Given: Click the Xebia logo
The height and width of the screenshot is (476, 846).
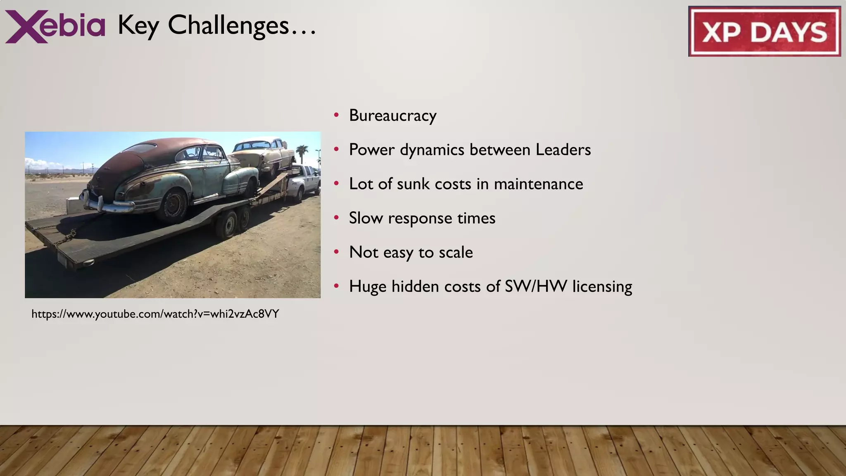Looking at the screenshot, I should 55,26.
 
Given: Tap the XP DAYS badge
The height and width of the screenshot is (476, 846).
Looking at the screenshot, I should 764,31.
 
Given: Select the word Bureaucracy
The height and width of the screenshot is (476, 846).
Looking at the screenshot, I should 392,115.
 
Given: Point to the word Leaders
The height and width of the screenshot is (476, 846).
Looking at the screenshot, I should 563,150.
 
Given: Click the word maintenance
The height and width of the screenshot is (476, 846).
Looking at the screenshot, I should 538,184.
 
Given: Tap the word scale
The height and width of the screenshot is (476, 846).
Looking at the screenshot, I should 456,252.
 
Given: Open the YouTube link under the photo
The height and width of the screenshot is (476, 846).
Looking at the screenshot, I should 155,314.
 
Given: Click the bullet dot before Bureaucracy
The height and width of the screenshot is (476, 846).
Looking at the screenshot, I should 337,115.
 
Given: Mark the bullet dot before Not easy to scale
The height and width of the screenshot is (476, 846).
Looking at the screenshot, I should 337,252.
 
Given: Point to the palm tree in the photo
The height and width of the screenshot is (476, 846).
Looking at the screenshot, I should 302,152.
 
